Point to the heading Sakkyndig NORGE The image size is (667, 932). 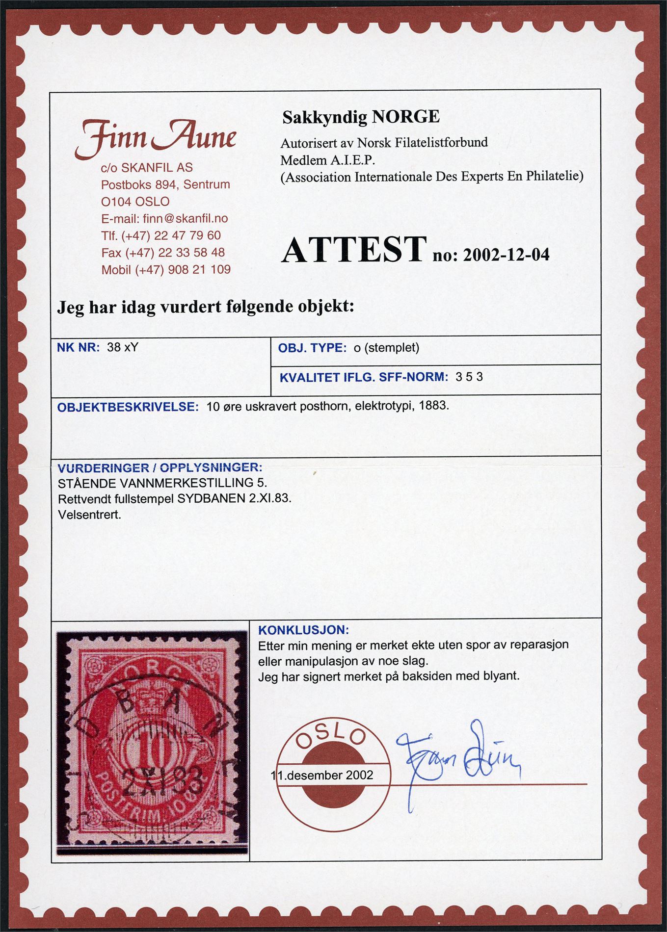361,117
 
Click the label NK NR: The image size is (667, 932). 79,347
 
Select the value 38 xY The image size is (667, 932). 123,347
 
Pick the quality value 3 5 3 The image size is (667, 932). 469,377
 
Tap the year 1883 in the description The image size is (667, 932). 434,407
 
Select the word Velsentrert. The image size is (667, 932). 89,515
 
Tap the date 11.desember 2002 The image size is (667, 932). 322,775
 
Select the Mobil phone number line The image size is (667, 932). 165,269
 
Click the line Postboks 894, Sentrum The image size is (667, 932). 165,185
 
